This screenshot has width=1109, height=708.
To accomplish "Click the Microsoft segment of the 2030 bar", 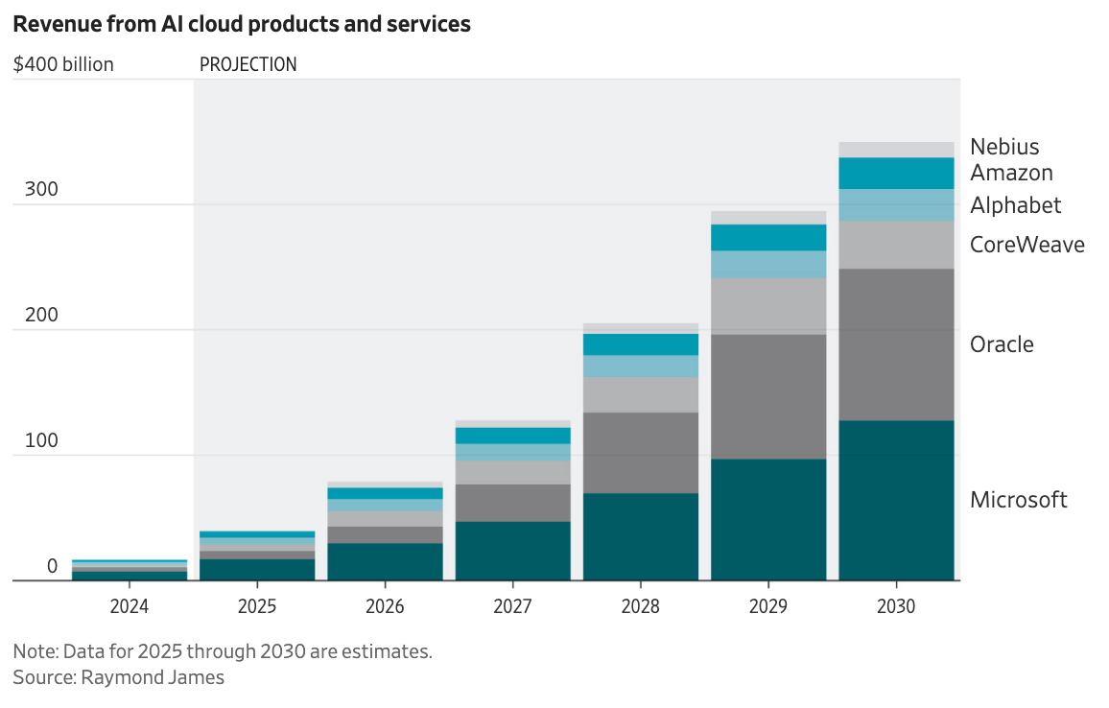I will point(896,500).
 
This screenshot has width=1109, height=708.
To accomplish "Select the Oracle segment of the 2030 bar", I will point(896,344).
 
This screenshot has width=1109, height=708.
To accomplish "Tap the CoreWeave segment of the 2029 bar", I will point(768,306).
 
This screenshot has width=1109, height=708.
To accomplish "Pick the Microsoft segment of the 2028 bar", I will point(641,536).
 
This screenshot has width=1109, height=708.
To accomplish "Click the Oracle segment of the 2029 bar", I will point(768,396).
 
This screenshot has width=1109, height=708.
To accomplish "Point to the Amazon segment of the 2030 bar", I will point(896,174).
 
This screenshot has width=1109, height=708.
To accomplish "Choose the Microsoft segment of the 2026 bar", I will point(385,561).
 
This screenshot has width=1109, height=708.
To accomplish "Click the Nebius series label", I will point(1004,147).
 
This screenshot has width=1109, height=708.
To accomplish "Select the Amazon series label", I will point(1011,173).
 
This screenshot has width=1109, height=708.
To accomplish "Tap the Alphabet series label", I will point(1015,205).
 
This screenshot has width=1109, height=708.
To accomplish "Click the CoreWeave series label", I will point(1026,245).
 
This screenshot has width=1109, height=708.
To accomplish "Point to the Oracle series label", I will point(1002,344).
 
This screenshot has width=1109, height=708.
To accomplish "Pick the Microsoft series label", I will point(1018,500).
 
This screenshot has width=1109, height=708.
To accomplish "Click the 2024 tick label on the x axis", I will point(129,606).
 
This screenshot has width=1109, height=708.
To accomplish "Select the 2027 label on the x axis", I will point(512,606).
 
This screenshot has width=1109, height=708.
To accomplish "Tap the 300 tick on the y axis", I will point(42,190).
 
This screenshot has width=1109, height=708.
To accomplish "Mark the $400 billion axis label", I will point(63,64).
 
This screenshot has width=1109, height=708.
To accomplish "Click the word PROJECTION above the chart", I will point(248,64).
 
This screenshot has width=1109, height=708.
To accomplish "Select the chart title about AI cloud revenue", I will point(242,25).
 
